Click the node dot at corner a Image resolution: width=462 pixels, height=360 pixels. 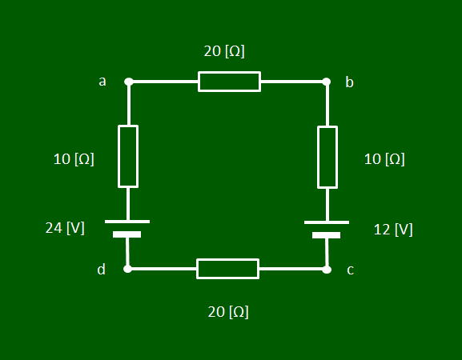(129, 82)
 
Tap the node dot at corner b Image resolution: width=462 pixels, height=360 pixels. (326, 82)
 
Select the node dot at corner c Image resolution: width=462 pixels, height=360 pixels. (327, 270)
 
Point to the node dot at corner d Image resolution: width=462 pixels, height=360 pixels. (127, 269)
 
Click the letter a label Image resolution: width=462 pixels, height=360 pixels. (102, 82)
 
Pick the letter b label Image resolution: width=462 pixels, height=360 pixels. (349, 82)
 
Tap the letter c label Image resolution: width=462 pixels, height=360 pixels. (350, 270)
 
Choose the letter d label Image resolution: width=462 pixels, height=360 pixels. (101, 270)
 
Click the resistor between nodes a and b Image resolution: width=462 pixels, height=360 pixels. (229, 82)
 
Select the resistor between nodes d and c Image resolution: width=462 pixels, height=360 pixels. (227, 269)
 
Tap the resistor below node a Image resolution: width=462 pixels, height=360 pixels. (128, 156)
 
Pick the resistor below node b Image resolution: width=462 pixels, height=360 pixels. (327, 157)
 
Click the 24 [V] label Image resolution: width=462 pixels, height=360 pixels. (65, 228)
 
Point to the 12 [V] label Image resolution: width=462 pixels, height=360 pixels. (393, 230)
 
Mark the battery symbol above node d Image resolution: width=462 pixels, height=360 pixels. (127, 229)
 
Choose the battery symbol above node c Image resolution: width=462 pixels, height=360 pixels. (327, 230)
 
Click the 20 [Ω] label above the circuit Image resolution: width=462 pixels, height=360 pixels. (224, 51)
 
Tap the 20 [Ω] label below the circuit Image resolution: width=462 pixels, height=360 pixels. (228, 312)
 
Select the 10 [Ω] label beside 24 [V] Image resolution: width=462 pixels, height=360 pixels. (74, 159)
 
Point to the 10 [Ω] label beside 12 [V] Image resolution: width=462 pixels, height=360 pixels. (384, 159)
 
